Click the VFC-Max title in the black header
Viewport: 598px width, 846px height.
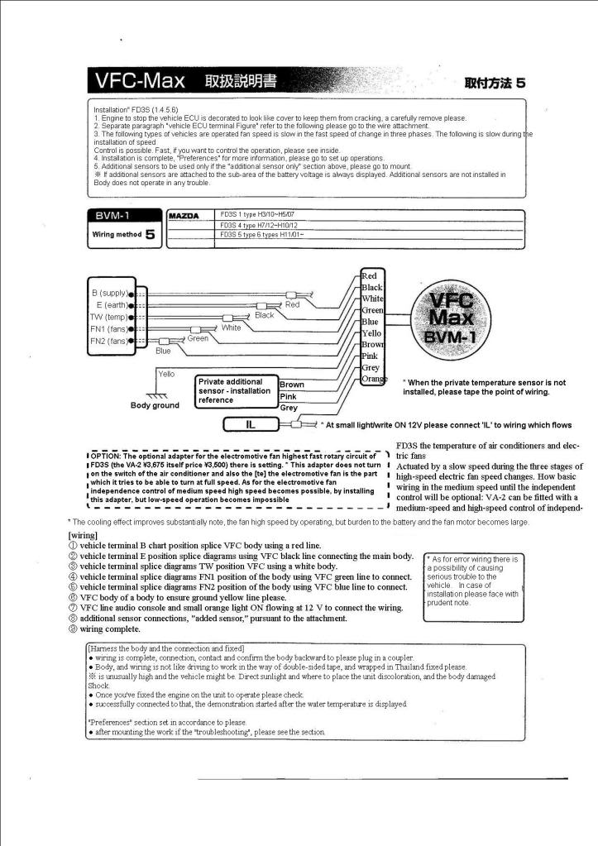click(140, 82)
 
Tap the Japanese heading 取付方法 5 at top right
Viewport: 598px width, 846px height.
click(495, 83)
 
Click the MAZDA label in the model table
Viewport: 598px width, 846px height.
click(184, 216)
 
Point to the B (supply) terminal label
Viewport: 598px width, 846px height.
click(109, 293)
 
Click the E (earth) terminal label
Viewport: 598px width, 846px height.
click(111, 304)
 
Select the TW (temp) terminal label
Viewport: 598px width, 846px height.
click(108, 317)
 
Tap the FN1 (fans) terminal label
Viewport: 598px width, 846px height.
click(109, 328)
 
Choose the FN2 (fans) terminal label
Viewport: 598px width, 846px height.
click(109, 340)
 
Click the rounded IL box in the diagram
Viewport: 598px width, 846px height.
click(250, 425)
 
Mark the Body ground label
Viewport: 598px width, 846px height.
click(155, 405)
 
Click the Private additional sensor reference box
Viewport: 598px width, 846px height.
click(235, 391)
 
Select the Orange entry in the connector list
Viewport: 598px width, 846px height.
click(374, 379)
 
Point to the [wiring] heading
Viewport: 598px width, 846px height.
click(84, 535)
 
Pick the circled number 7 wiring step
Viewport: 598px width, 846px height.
click(74, 608)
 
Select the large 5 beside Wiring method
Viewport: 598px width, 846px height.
click(150, 234)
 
